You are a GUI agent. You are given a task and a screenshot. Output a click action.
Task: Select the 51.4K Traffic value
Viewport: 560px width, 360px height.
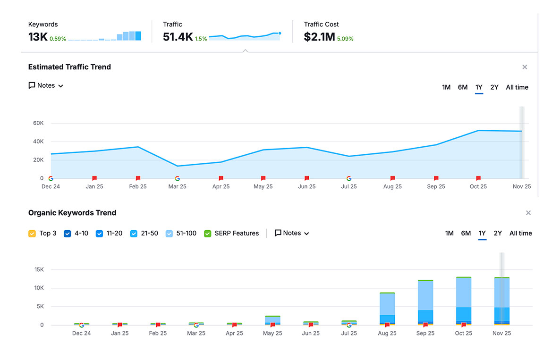178,37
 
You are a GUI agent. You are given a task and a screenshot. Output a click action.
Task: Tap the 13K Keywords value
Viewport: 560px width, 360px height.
38,37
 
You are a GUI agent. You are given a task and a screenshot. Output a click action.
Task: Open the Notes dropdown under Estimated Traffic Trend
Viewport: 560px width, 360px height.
46,85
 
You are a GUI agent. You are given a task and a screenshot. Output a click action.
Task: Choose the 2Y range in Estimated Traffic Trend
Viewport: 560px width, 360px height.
494,87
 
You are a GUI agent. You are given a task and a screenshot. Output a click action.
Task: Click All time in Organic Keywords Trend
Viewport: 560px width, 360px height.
520,233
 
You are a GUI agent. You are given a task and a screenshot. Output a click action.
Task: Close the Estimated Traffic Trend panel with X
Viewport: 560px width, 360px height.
525,67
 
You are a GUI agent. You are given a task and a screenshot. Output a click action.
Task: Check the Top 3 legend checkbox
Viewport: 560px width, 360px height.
32,234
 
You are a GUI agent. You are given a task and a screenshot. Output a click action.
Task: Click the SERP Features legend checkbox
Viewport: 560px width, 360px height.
208,234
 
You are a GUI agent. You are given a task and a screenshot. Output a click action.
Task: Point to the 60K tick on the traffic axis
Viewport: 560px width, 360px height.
38,123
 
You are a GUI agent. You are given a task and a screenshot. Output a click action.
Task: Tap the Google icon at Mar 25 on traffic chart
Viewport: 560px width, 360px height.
178,178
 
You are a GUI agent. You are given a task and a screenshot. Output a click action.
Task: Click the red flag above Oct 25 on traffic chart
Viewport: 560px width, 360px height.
478,178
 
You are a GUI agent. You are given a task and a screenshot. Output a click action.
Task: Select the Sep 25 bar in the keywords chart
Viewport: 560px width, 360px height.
425,302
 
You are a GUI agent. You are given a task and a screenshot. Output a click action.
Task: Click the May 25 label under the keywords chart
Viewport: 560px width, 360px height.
272,333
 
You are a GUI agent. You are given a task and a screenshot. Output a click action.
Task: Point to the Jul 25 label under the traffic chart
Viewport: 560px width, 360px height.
349,186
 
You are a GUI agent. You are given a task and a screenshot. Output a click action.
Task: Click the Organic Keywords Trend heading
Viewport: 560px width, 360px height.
72,213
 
